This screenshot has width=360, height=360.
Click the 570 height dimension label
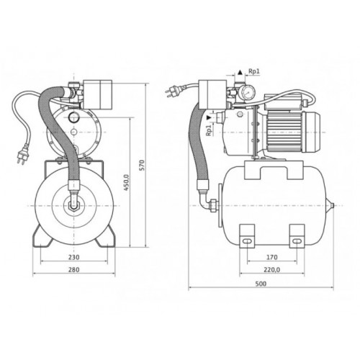click(142, 165)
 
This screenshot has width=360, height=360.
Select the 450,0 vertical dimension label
click(127, 182)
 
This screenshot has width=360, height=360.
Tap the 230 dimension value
click(73, 257)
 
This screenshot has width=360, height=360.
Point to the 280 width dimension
click(73, 270)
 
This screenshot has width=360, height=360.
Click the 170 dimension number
click(272, 257)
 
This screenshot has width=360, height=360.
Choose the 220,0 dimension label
click(272, 270)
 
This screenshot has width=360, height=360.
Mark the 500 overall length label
click(261, 284)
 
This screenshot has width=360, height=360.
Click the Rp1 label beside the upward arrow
click(254, 71)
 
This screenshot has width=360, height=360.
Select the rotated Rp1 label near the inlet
click(210, 130)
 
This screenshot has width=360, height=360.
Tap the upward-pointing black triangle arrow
click(240, 72)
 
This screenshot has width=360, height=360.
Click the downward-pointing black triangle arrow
click(210, 118)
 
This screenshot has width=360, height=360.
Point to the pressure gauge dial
click(247, 93)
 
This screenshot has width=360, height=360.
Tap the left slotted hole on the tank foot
click(247, 241)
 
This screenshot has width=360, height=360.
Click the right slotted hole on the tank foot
click(297, 241)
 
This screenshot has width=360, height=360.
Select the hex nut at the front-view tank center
click(74, 206)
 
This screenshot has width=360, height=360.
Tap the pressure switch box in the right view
click(213, 95)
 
